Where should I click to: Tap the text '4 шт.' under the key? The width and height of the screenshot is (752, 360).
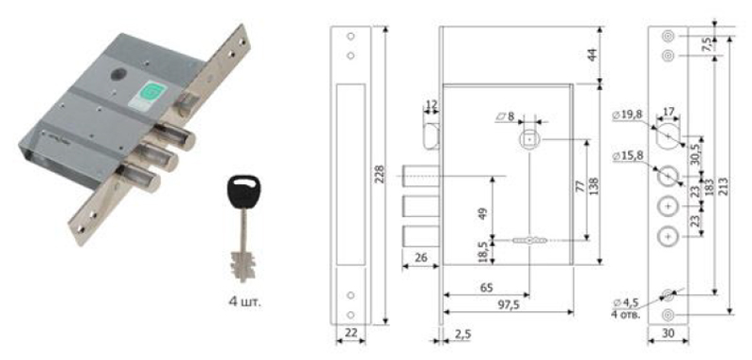pyautogui.click(x=245, y=303)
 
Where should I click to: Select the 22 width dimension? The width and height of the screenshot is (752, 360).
pyautogui.click(x=351, y=333)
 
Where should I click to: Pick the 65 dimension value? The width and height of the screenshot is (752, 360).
pyautogui.click(x=486, y=289)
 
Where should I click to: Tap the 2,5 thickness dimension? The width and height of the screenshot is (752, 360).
pyautogui.click(x=462, y=334)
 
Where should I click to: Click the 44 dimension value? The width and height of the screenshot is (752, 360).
pyautogui.click(x=593, y=55)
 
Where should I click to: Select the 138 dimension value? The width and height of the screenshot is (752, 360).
pyautogui.click(x=594, y=187)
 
